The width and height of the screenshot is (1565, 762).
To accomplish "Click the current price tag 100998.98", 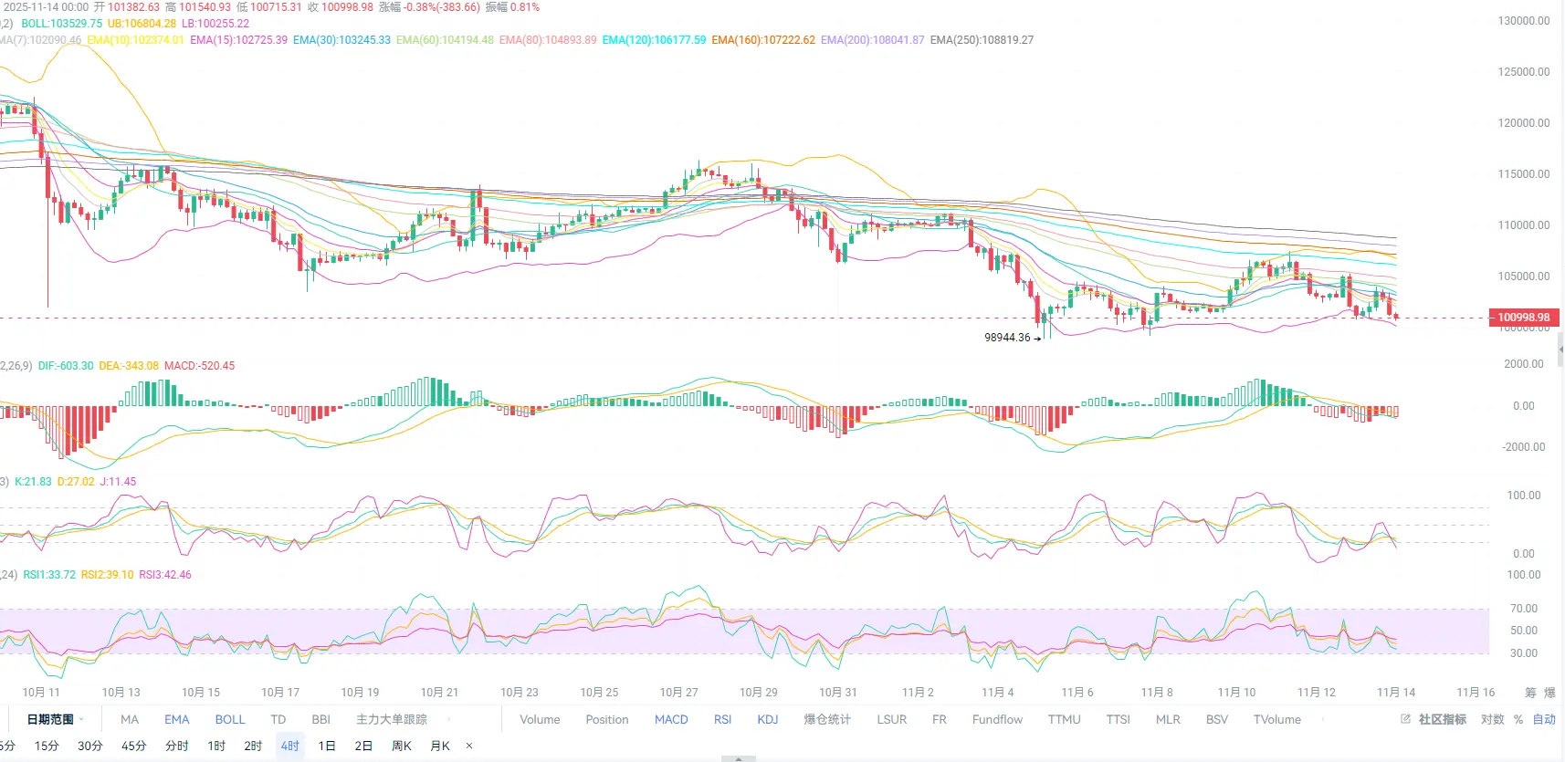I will click(1523, 318).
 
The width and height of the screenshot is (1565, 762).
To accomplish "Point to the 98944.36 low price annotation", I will click(1007, 338).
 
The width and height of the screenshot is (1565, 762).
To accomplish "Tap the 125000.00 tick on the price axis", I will click(1523, 72).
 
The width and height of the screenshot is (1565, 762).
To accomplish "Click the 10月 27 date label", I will click(678, 693).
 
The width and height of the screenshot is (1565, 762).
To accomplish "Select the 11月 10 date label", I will click(1236, 693).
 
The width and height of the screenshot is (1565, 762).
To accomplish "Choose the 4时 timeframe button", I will click(289, 746).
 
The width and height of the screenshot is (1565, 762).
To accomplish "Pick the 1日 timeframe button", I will click(327, 746).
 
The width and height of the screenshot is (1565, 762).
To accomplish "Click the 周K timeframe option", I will click(401, 746).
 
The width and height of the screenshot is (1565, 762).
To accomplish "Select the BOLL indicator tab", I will click(230, 720).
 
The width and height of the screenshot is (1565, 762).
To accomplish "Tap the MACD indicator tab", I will click(671, 720).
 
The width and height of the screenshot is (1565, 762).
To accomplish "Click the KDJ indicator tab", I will click(768, 720).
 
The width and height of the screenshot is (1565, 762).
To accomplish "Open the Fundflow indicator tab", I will click(997, 720).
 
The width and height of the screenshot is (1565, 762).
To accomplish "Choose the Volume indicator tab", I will click(540, 720).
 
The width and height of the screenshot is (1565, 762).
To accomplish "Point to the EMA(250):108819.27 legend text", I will click(982, 40).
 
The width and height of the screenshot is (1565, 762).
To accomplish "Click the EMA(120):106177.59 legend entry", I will click(654, 40).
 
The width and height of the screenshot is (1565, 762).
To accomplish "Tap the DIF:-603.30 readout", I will click(66, 366).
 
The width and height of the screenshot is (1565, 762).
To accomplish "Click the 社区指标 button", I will click(1442, 720).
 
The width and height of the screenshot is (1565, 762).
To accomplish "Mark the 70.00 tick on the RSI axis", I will click(1523, 609).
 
